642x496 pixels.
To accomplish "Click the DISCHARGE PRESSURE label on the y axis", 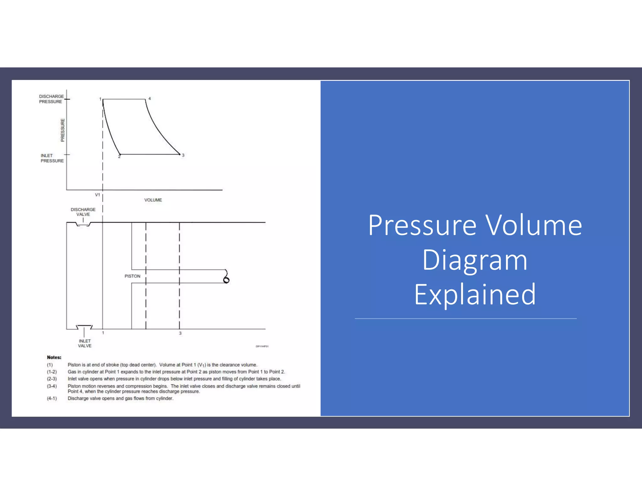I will tap(51, 99).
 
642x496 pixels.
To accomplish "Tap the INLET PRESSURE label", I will tap(52, 158).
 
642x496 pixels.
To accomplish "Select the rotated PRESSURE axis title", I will tap(62, 130).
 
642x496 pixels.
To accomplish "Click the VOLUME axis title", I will tap(153, 200).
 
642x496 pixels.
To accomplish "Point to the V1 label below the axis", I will tap(97, 195).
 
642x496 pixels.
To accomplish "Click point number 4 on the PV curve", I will tap(150, 98).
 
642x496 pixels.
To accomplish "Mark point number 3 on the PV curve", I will tap(183, 155).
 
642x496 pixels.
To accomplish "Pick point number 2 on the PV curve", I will tap(119, 156).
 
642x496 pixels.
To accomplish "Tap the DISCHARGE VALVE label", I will tap(83, 212).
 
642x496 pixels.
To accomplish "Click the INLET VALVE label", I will tap(85, 343).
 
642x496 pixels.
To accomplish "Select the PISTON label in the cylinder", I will tap(132, 276).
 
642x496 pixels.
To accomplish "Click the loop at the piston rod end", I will tap(226, 280).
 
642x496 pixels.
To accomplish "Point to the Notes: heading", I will tap(54, 357).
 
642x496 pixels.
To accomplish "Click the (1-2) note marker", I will tap(52, 372).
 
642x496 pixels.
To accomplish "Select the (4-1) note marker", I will tap(52, 398).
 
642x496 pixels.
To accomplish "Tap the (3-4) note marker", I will tap(52, 386).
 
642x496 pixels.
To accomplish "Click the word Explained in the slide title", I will tap(475, 294).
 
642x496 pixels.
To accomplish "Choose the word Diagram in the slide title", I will tap(475, 260).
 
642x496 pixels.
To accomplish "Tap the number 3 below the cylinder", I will tap(180, 333).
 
